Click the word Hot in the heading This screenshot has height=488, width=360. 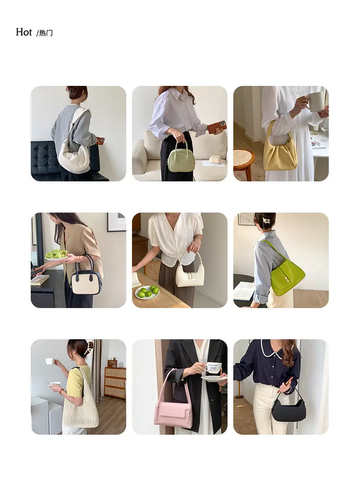pos(24,32)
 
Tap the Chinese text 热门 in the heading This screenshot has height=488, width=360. pos(46,33)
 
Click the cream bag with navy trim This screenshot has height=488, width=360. pos(86,278)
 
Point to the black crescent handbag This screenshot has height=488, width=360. pos(288,408)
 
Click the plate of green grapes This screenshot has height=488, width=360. pos(56,254)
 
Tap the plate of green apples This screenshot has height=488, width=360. pos(147,292)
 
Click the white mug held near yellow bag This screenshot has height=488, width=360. pos(315,101)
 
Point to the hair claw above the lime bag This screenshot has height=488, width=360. pos(266,220)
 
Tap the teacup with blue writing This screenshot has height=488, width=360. pos(214,368)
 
